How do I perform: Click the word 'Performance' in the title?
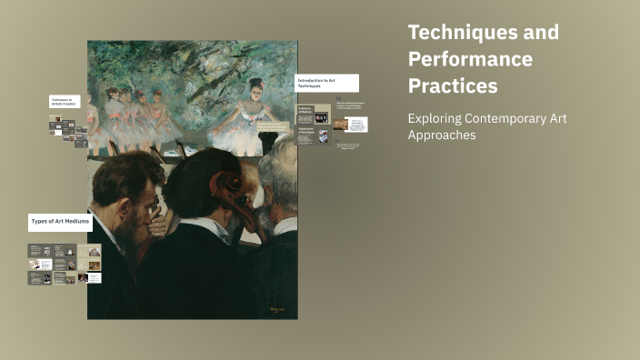pyautogui.click(x=470, y=59)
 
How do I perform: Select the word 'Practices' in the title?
pyautogui.click(x=453, y=86)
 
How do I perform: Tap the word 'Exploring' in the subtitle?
pyautogui.click(x=435, y=118)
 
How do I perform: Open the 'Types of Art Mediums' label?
pyautogui.click(x=60, y=221)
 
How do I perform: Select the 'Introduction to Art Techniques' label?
pyautogui.click(x=326, y=83)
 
